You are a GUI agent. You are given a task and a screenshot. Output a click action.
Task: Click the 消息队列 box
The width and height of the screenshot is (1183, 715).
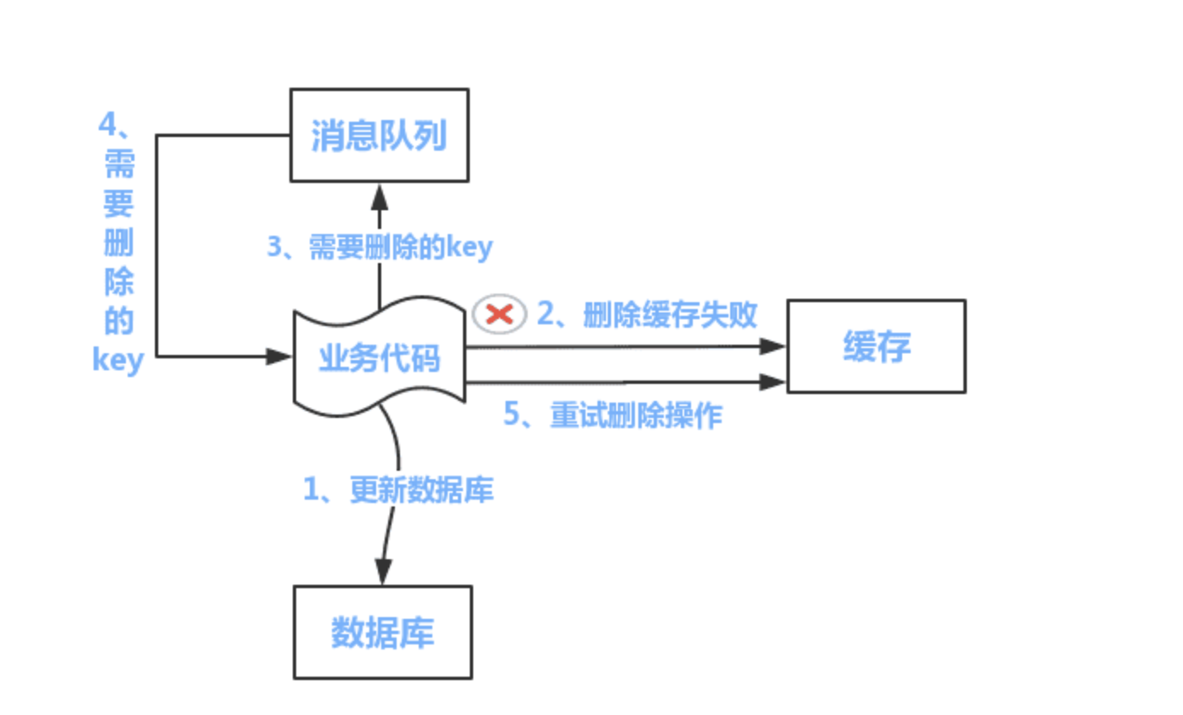click(x=380, y=135)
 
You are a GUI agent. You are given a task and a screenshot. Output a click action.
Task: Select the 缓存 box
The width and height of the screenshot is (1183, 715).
click(x=876, y=346)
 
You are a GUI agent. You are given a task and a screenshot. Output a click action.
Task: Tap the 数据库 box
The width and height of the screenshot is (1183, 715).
click(x=382, y=632)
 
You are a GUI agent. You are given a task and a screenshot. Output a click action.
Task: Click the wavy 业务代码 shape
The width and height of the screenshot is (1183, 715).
click(x=380, y=357)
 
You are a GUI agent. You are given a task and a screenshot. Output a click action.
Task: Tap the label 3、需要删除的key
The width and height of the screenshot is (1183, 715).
click(x=380, y=248)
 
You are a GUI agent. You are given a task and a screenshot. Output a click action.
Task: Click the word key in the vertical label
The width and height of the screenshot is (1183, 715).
click(x=117, y=360)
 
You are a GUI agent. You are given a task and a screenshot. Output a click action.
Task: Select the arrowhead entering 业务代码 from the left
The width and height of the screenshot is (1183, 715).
click(x=279, y=357)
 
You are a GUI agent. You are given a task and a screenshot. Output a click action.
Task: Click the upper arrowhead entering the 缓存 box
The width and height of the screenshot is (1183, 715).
click(x=772, y=346)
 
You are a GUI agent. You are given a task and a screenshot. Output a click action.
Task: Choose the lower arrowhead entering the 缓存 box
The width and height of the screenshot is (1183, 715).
click(x=772, y=382)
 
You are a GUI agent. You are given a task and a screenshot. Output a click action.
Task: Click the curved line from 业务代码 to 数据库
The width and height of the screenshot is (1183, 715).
click(x=395, y=477)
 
